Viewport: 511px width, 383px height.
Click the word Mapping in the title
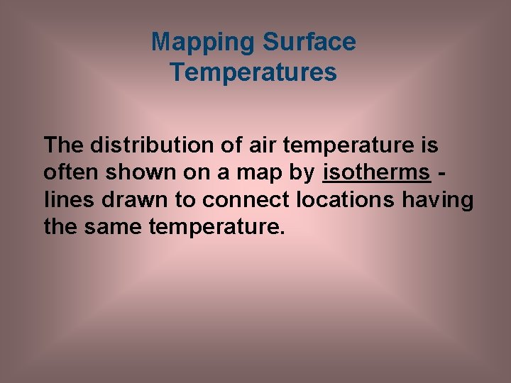point(204,43)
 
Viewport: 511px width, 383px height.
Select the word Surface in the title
point(309,43)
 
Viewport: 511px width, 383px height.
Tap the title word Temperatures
point(253,72)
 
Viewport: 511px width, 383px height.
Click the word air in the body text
point(263,145)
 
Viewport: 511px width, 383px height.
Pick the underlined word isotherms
point(376,173)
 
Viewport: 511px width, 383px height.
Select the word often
point(70,173)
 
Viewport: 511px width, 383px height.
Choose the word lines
point(70,201)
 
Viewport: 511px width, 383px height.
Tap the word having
point(437,201)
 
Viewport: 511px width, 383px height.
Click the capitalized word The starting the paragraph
point(63,145)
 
